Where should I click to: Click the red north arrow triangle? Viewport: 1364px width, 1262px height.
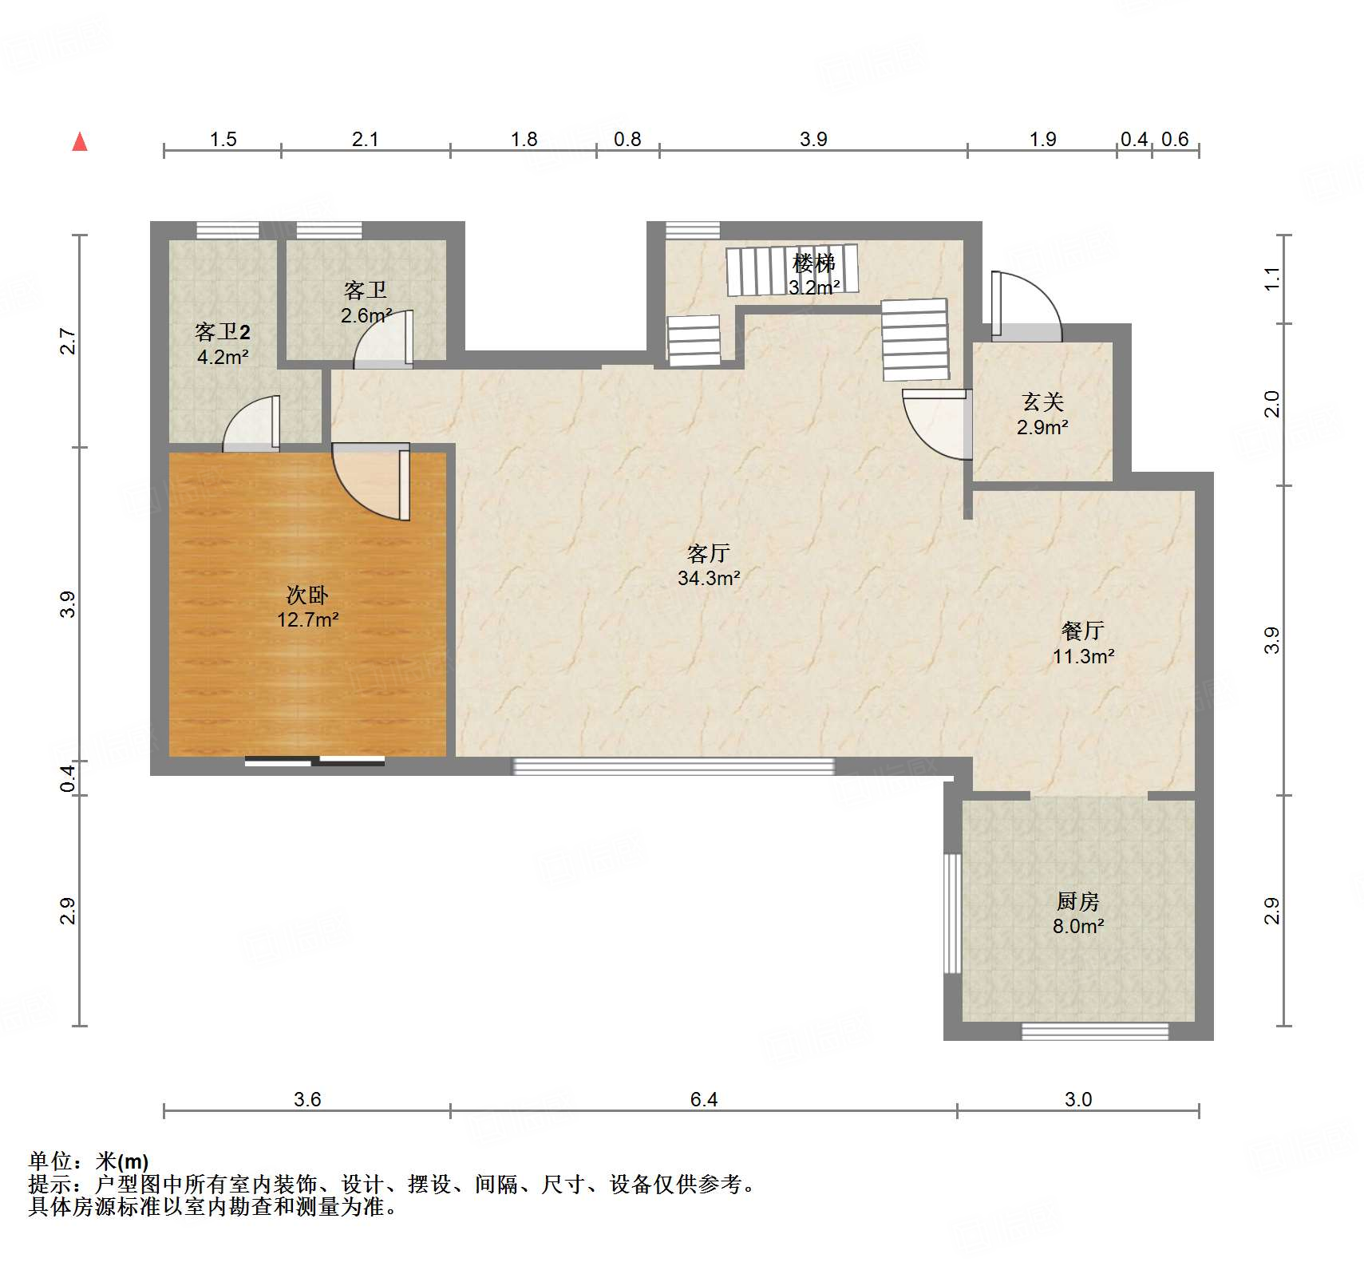coord(80,142)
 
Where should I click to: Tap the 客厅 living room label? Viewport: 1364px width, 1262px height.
coord(709,552)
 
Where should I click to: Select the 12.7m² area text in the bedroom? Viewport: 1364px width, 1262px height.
coord(308,619)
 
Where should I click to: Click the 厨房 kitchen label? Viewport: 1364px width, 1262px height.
coord(1078,901)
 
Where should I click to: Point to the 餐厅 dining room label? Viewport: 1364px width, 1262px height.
coord(1083,631)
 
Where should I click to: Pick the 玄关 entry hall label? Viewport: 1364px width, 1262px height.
coord(1043,402)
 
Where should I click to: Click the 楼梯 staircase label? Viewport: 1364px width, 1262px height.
coord(814,262)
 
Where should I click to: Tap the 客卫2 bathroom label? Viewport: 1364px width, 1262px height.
coord(223,331)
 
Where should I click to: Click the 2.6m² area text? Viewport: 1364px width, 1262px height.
coord(366,315)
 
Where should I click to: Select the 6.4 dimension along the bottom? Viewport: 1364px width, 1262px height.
coord(704,1099)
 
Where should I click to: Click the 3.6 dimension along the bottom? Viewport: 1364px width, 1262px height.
coord(307,1099)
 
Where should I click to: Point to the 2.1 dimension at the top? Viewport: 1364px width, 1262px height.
coord(366,139)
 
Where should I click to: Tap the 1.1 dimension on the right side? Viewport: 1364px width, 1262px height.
coord(1272,279)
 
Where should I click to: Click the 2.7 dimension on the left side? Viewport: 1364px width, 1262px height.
coord(69,342)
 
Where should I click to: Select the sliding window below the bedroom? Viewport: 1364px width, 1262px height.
coord(314,761)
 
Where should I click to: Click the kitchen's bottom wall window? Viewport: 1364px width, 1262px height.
coord(1095,1031)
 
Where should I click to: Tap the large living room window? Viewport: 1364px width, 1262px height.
coord(673,766)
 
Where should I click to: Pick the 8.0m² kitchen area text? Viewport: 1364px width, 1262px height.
coord(1078,926)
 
